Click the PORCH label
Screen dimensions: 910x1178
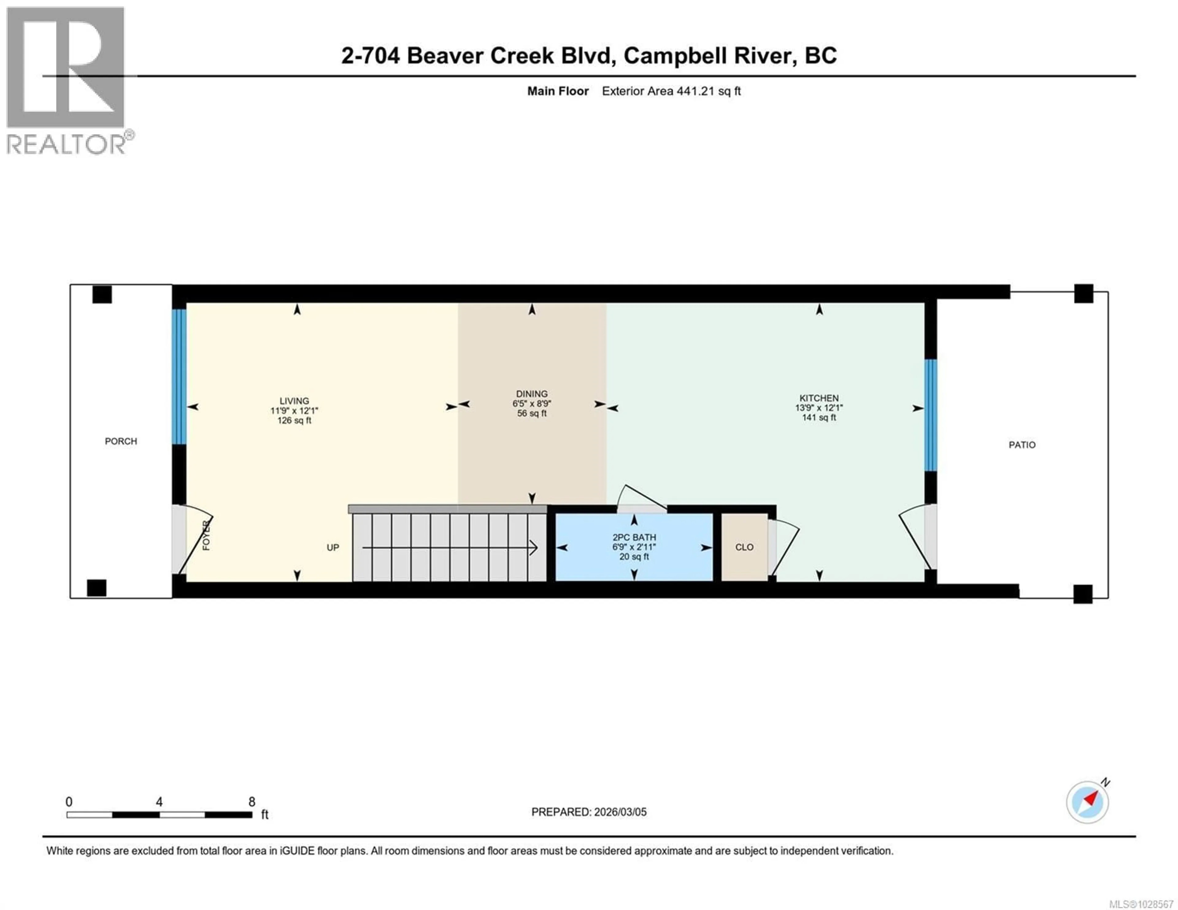click(121, 441)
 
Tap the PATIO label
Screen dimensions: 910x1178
click(1022, 445)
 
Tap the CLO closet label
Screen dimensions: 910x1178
click(744, 547)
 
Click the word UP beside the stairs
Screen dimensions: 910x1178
click(333, 547)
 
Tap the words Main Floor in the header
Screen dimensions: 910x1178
click(558, 91)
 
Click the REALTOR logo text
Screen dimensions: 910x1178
click(66, 144)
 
